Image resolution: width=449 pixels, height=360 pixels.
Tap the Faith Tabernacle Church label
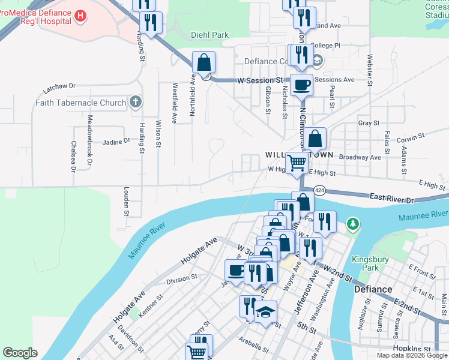[x=80, y=103]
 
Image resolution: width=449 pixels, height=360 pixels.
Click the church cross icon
[x=136, y=102]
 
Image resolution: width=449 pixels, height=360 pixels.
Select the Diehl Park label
[x=209, y=35]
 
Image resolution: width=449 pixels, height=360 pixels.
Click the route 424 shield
[x=319, y=190]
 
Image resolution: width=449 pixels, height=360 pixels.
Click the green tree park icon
[x=354, y=224]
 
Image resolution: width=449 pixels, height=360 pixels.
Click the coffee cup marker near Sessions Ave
[x=301, y=85]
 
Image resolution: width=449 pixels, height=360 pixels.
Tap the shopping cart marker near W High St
[x=297, y=161]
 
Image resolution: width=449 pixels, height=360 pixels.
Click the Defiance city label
[x=372, y=289]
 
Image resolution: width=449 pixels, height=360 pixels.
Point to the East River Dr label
[x=392, y=197]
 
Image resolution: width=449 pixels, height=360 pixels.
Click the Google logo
[x=20, y=353]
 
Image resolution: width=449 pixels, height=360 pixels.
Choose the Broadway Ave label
[x=360, y=157]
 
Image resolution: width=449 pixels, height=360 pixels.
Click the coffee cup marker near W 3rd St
[x=235, y=270]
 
